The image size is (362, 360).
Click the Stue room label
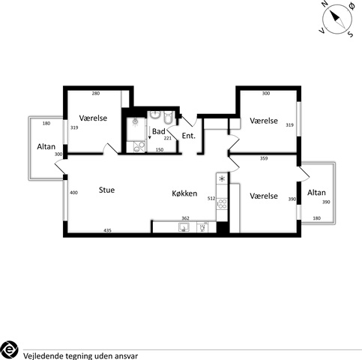106,190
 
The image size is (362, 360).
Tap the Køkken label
184,193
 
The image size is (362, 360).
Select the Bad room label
159,131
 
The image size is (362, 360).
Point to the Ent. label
189,136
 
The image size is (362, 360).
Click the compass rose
337,19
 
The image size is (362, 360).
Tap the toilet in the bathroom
168,118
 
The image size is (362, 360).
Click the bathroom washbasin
155,115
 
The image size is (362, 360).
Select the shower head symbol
135,122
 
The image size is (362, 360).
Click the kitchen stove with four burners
222,203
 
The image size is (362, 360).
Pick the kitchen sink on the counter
184,227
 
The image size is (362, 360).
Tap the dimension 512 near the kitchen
211,199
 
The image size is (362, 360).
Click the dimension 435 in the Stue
107,230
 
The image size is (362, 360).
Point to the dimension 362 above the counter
185,218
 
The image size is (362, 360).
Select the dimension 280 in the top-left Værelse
96,94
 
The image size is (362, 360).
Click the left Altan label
46,146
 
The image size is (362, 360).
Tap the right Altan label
316,193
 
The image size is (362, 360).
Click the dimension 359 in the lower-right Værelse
264,158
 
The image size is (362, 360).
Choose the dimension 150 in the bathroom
160,150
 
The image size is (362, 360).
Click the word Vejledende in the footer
43,356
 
